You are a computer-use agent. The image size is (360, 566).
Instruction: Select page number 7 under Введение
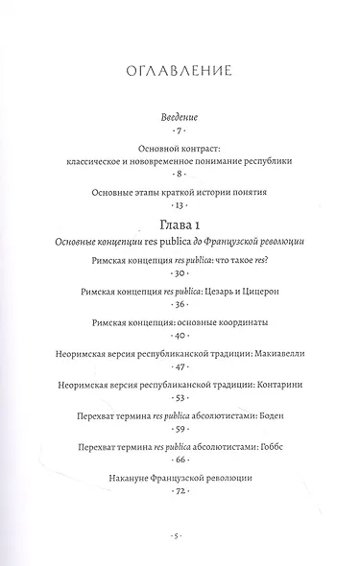(180, 130)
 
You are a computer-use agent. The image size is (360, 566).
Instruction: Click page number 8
(180, 177)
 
